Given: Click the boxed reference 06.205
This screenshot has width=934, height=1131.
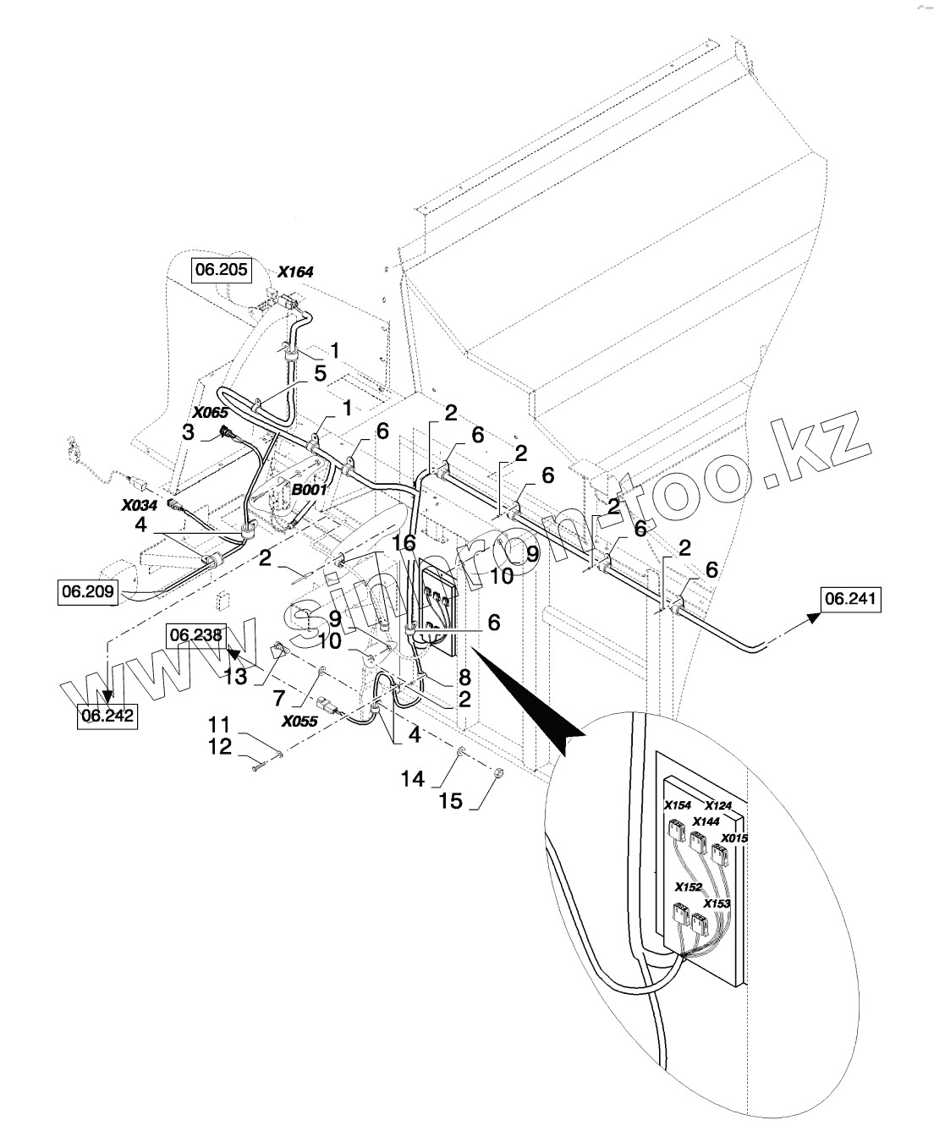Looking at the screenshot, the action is click(x=221, y=270).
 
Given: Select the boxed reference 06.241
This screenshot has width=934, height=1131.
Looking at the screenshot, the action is click(x=850, y=599).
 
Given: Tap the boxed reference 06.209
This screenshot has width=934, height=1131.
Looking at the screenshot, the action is click(x=88, y=591).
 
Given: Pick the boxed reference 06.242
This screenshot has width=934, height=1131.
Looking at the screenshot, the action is click(x=107, y=716).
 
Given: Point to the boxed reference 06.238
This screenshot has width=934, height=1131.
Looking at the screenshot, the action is click(x=195, y=634).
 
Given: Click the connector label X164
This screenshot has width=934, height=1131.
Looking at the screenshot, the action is click(x=295, y=272).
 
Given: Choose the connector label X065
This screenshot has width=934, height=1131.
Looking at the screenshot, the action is click(x=211, y=412).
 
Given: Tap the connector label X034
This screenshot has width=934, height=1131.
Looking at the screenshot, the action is click(x=140, y=505).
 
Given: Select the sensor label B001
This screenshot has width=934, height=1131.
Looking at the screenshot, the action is click(x=310, y=490).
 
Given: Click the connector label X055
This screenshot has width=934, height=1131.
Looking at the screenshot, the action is click(x=299, y=722).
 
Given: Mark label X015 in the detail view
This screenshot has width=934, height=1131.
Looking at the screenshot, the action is click(x=734, y=838).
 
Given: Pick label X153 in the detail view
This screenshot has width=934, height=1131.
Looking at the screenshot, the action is click(x=717, y=903).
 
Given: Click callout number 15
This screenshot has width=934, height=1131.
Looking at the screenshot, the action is click(x=451, y=800).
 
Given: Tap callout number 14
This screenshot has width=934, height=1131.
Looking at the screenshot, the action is click(x=412, y=779).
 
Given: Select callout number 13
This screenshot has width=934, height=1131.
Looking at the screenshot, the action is click(x=235, y=676).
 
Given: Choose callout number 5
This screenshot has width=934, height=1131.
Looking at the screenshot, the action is click(x=320, y=373).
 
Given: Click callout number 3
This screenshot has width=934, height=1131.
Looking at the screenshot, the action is click(x=188, y=432).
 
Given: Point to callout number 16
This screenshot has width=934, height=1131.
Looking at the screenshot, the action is click(x=404, y=542).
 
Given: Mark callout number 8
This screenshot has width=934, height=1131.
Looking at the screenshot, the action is click(x=464, y=677).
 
